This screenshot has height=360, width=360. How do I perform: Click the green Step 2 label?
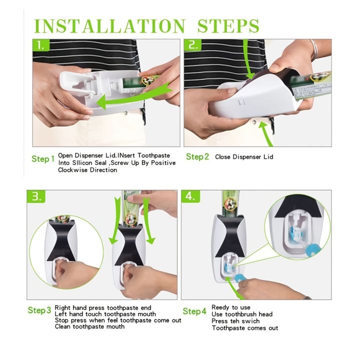197,157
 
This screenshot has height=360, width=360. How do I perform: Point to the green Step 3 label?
39,310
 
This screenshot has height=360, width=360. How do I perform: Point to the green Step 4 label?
194,311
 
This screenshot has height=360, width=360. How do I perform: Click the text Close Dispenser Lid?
244,157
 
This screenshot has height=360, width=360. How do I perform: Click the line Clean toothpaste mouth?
89,327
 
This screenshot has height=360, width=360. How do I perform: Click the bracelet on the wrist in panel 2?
313,50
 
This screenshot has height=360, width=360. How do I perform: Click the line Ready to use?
231,307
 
